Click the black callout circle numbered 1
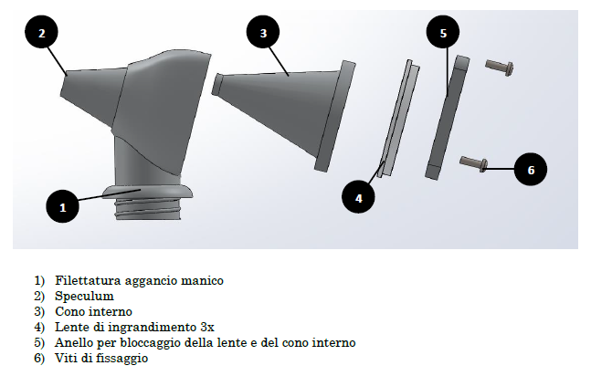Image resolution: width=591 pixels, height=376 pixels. point(62,206)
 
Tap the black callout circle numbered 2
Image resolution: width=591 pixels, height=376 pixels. point(41,33)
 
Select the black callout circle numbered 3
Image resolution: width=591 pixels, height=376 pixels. point(263,33)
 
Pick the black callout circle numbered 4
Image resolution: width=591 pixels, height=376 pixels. point(358,197)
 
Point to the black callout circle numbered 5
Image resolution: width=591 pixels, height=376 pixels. point(443,33)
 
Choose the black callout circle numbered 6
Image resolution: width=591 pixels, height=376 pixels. point(531,169)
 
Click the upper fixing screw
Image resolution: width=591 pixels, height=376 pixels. point(500,68)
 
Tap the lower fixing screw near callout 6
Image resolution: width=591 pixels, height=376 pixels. point(474,164)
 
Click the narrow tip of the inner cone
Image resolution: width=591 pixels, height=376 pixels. point(216,84)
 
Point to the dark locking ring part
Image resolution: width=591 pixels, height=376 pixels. point(448,117)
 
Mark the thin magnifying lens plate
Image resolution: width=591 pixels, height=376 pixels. point(399,118)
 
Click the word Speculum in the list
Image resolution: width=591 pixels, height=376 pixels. point(84,297)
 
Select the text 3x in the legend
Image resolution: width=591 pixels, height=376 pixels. point(207,327)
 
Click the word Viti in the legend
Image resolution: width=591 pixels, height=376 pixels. point(64,358)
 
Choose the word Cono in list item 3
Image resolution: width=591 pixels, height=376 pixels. point(68,311)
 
